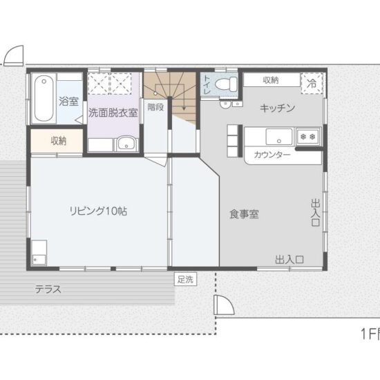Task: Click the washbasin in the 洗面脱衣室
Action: tap(125, 144)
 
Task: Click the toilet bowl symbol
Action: tap(226, 84)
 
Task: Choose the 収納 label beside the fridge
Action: tap(270, 80)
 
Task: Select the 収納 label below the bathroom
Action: tap(58, 140)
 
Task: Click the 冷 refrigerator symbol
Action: tap(312, 82)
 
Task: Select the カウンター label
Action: tap(272, 155)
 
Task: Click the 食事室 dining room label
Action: tap(244, 214)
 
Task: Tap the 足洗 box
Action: tap(185, 279)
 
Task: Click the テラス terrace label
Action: tap(48, 290)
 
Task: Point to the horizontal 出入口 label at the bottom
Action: tap(289, 260)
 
